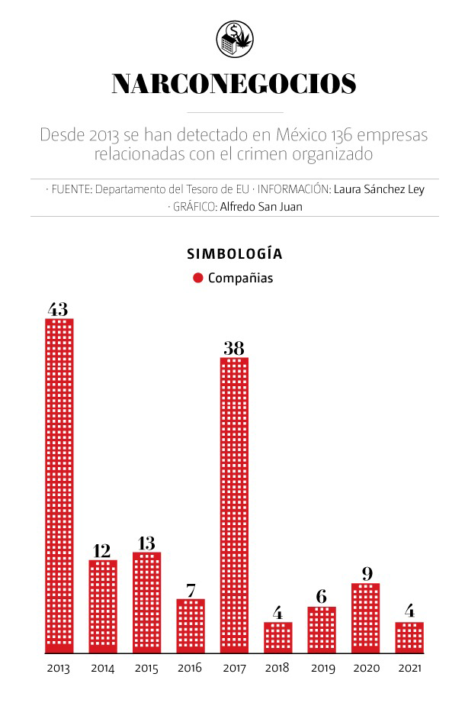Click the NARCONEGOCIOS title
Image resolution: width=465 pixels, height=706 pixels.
pyautogui.click(x=233, y=85)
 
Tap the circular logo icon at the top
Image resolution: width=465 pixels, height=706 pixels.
pyautogui.click(x=234, y=37)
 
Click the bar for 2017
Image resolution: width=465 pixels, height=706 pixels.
pyautogui.click(x=234, y=505)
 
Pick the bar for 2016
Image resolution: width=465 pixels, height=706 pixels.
pyautogui.click(x=190, y=626)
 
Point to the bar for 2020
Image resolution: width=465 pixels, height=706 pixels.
pyautogui.click(x=365, y=618)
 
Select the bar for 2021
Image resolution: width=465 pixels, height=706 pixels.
pyautogui.click(x=409, y=637)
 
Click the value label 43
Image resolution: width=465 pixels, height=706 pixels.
pyautogui.click(x=58, y=309)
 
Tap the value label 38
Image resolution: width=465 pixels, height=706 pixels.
pyautogui.click(x=234, y=348)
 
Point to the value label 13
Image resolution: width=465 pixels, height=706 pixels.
pyautogui.click(x=146, y=543)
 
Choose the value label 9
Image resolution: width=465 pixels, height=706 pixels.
pyautogui.click(x=365, y=574)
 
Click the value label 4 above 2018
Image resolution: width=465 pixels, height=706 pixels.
pyautogui.click(x=277, y=613)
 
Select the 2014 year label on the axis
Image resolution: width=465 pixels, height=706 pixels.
pyautogui.click(x=102, y=669)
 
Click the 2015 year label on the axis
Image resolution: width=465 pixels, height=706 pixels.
pyautogui.click(x=146, y=669)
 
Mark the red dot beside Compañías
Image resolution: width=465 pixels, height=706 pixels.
pyautogui.click(x=198, y=278)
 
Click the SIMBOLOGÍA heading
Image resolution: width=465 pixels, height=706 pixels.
pyautogui.click(x=234, y=254)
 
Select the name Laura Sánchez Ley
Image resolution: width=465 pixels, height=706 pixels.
pyautogui.click(x=379, y=189)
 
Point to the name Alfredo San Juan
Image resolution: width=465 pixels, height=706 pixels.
pyautogui.click(x=261, y=206)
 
